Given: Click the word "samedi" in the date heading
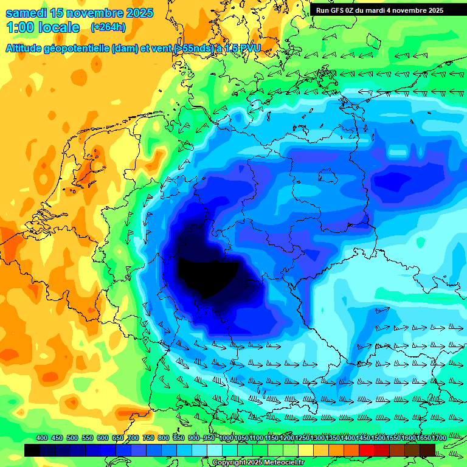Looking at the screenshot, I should (x=26, y=13).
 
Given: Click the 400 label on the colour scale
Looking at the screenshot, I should (x=42, y=438).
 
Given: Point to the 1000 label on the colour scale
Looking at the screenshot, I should (x=226, y=438).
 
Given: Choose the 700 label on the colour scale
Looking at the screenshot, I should (x=133, y=438).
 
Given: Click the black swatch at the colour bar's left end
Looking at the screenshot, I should (x=32, y=450).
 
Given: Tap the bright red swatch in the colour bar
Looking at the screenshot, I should (x=367, y=450).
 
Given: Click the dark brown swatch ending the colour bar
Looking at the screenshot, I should (x=427, y=450).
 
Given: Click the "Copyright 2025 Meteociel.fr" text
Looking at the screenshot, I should (x=258, y=463).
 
